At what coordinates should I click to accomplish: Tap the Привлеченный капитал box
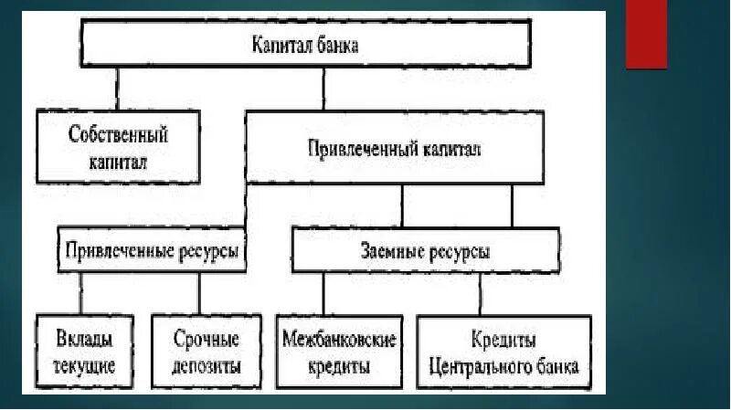pyautogui.click(x=395, y=148)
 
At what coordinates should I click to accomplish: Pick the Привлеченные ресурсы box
pyautogui.click(x=153, y=250)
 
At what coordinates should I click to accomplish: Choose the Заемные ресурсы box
pyautogui.click(x=425, y=250)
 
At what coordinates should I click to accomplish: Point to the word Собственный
pyautogui.click(x=119, y=135)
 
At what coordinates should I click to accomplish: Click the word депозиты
pyautogui.click(x=207, y=367)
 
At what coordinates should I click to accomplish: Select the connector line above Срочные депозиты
pyautogui.click(x=199, y=294)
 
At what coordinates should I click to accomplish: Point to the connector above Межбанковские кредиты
pyautogui.click(x=323, y=294)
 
